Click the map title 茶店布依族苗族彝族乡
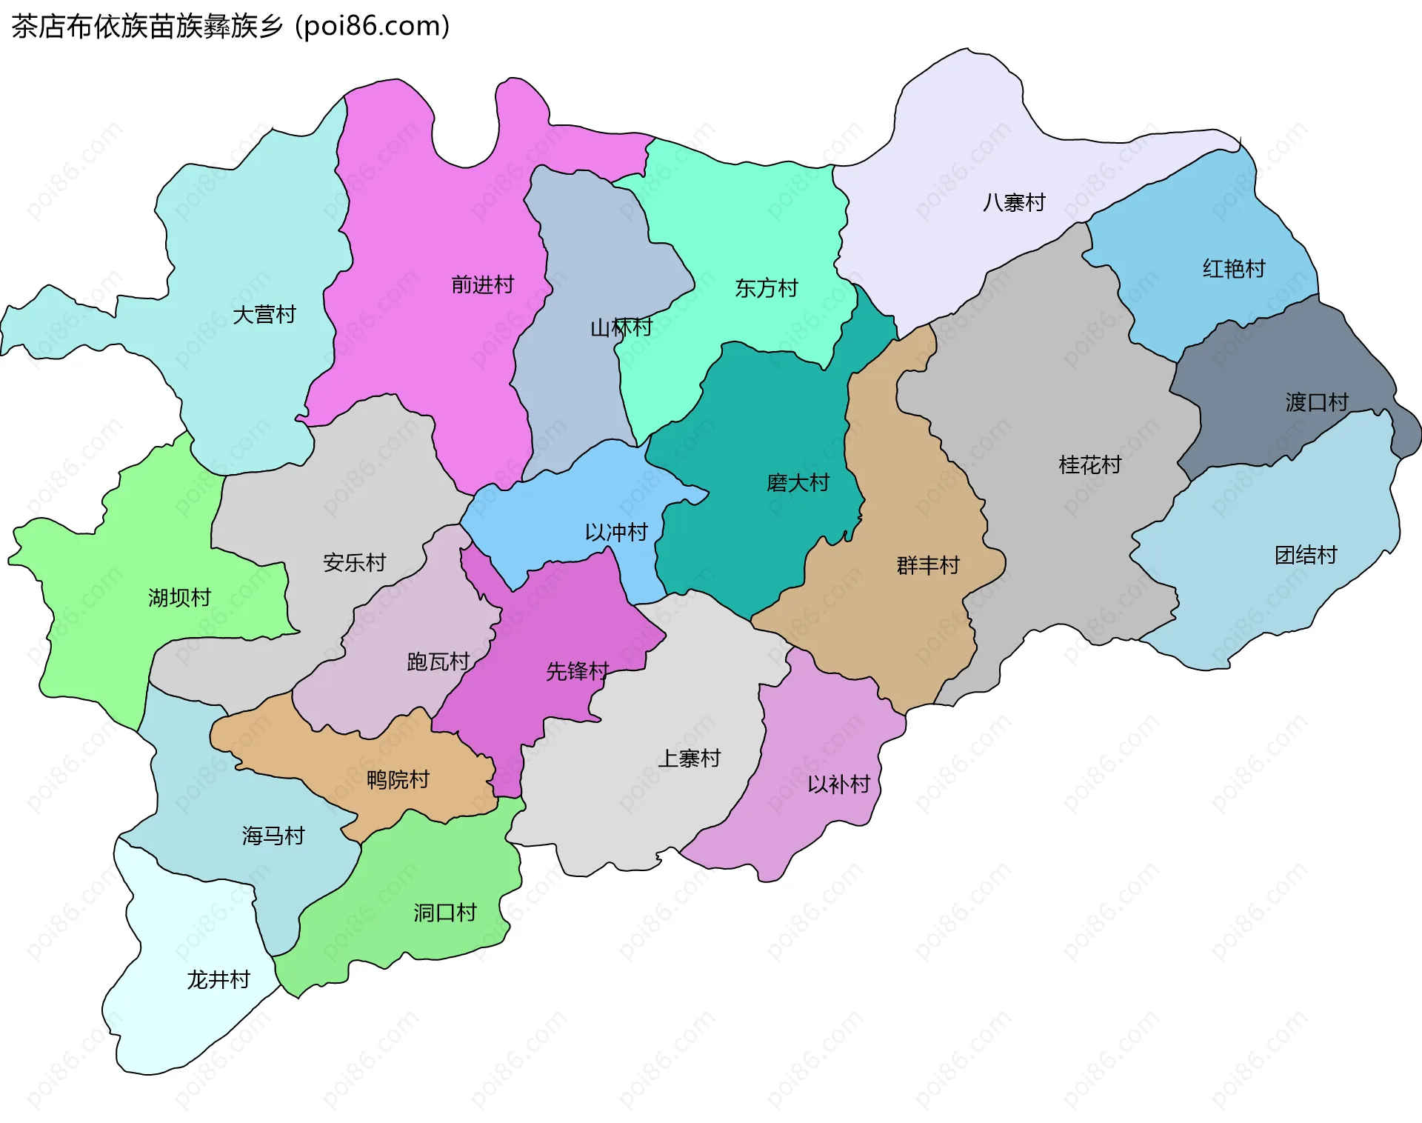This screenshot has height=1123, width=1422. click(148, 27)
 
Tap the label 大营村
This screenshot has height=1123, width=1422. click(264, 315)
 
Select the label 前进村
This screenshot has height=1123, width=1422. click(482, 284)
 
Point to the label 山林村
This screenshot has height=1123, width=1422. click(621, 327)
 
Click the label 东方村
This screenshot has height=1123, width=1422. click(766, 288)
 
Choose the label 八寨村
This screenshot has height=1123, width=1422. click(1013, 202)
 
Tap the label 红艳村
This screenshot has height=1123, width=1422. click(1233, 269)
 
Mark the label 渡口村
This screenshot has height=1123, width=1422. click(1316, 402)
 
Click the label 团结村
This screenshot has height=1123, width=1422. click(1305, 555)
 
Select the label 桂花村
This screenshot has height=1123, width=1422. click(1089, 465)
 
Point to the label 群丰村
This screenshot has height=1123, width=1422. click(927, 566)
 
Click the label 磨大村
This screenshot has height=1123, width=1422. click(797, 483)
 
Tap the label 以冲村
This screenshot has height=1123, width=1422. click(615, 532)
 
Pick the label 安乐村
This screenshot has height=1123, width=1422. click(354, 563)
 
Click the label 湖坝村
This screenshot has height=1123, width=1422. click(179, 598)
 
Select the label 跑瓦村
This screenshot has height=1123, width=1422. click(438, 662)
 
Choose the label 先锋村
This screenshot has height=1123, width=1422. click(577, 671)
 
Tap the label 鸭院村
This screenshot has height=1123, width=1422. click(398, 780)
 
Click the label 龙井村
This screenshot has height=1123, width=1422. click(218, 980)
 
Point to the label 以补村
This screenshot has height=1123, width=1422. click(838, 784)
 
